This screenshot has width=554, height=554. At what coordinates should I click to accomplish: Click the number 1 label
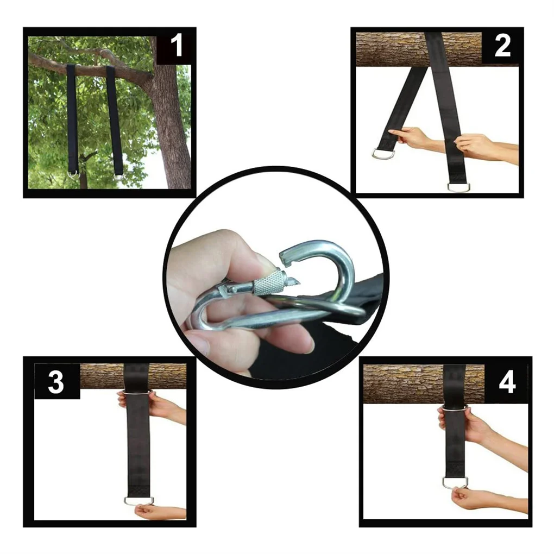pos(177,47)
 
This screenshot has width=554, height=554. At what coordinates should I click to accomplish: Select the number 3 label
pos(56,382)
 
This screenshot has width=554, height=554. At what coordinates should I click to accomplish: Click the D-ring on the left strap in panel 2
pos(383,154)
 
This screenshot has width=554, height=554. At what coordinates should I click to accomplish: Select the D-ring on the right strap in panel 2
pos(457,187)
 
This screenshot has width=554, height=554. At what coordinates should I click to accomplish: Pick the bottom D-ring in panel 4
pos(455,482)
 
